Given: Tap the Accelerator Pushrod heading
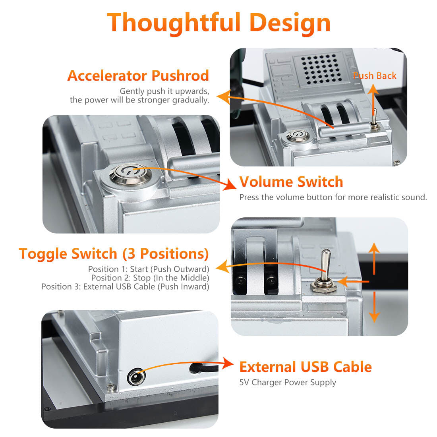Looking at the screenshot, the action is coord(138,75).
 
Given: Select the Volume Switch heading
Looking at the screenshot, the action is coord(291,182).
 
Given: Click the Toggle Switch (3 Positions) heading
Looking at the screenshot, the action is coord(114,254).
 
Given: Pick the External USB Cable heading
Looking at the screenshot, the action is coord(306,367).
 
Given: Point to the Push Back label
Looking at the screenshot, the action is coord(375,75).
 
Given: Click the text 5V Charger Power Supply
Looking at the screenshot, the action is coord(288,383).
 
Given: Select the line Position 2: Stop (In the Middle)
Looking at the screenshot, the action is coord(150,278).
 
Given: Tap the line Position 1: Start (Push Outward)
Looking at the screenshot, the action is coord(149,269).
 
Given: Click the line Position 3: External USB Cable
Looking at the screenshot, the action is coord(125,286).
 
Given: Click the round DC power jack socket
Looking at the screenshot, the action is coord(136,378).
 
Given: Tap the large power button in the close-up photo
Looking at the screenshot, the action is coord(130,174).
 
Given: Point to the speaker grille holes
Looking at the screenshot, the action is coord(322,69).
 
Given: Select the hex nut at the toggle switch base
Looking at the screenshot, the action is coord(323,286).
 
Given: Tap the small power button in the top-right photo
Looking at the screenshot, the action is coord(298,136).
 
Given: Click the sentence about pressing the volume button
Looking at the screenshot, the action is coord(333,197).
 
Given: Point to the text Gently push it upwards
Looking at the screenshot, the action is coord(164,91).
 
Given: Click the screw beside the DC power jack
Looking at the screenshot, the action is coord(112,387).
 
